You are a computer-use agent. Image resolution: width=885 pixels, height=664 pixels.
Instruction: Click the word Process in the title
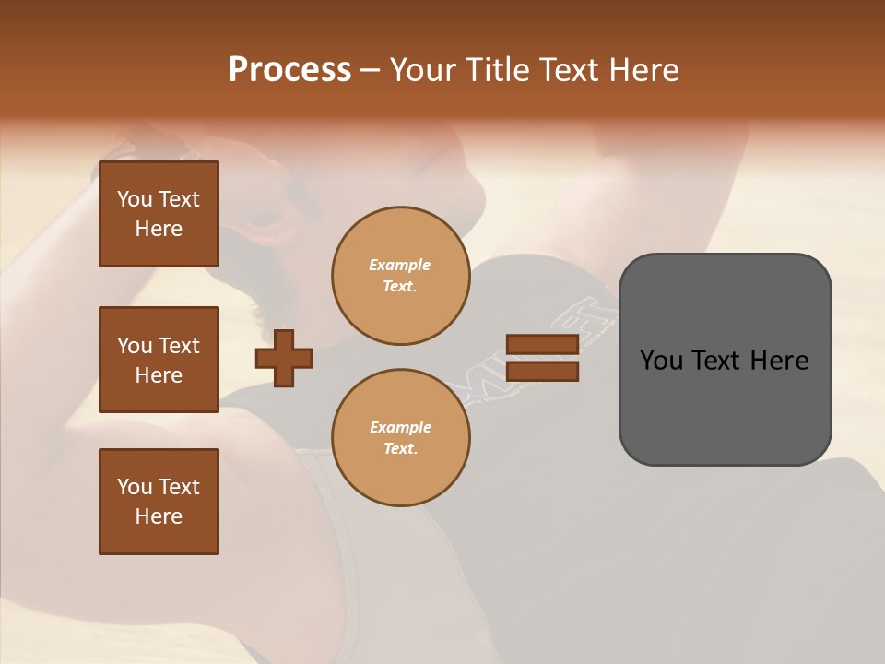[289, 70]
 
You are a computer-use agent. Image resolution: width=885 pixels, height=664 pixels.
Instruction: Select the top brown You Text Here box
[159, 214]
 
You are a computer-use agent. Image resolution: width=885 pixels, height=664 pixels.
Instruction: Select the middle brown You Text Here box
[159, 360]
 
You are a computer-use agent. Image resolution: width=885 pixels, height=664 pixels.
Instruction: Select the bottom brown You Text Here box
[159, 502]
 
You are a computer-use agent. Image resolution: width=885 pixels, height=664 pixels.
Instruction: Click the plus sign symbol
[284, 359]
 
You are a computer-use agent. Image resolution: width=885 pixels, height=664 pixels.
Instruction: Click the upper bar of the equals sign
[542, 345]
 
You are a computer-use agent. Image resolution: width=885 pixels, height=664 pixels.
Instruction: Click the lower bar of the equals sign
[542, 372]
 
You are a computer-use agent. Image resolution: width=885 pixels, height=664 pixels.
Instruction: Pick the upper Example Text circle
[400, 276]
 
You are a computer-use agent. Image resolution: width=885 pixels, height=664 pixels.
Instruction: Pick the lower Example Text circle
[400, 438]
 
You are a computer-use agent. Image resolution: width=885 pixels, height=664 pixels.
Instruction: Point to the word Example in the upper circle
[400, 265]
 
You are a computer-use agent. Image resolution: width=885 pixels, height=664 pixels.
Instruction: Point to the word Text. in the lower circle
[400, 449]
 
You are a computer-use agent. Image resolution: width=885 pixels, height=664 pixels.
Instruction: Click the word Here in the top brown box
[159, 229]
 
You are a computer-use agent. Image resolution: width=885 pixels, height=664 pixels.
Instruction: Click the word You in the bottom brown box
[135, 487]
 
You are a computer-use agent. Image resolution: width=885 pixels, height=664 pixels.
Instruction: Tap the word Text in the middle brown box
[179, 346]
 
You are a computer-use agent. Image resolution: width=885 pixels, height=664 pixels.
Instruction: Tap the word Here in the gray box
[780, 361]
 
